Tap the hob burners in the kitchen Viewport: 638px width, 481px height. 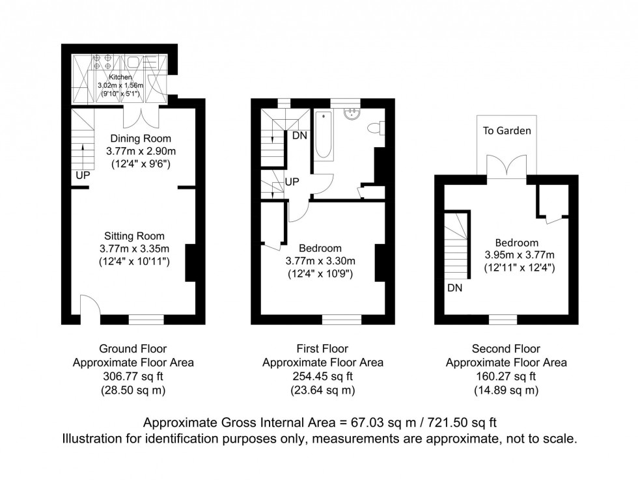(x=102, y=62)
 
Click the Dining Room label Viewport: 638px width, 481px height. (x=141, y=138)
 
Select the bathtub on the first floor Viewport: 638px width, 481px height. (x=324, y=136)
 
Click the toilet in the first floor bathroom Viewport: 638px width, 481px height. (x=376, y=128)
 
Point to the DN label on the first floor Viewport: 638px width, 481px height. (x=300, y=135)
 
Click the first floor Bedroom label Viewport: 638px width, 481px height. (x=320, y=248)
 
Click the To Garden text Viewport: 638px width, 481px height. (x=506, y=131)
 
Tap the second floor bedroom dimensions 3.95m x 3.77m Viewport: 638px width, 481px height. (x=520, y=254)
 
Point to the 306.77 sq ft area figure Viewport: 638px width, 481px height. (x=137, y=376)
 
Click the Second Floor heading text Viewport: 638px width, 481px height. (x=506, y=349)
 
